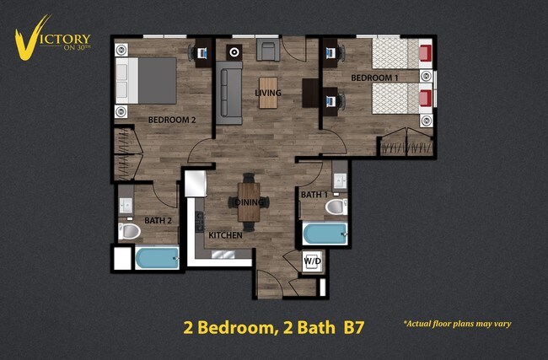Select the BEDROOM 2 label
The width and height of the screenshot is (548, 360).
(172, 120)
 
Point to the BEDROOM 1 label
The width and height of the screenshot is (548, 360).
(373, 78)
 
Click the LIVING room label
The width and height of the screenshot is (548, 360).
(268, 93)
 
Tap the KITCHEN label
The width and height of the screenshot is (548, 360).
(226, 235)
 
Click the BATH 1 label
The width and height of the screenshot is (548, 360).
(314, 195)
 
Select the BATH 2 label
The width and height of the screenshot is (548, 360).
(158, 221)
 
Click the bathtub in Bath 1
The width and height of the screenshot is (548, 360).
(325, 234)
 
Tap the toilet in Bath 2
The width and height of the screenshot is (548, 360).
(130, 231)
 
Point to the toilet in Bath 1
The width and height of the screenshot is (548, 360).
(336, 207)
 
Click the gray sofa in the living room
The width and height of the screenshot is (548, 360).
(230, 93)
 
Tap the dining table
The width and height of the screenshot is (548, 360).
(250, 203)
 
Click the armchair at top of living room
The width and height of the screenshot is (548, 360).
(268, 51)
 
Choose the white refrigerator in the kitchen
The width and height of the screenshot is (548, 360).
(196, 182)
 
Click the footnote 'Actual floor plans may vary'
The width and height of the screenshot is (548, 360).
(457, 324)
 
